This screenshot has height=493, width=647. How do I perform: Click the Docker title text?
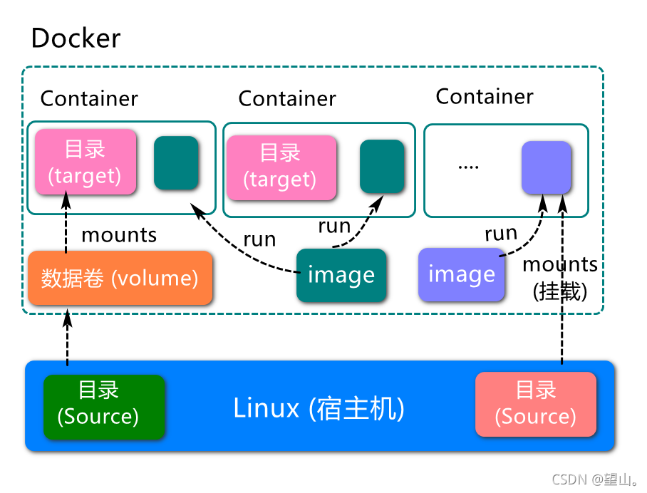pyautogui.click(x=76, y=38)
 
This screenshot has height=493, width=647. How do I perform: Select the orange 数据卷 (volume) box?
pyautogui.click(x=120, y=278)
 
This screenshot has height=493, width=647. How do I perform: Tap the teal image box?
pyautogui.click(x=341, y=275)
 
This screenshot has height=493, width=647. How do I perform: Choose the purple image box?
pyautogui.click(x=461, y=274)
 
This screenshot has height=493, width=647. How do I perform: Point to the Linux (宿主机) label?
pyautogui.click(x=319, y=408)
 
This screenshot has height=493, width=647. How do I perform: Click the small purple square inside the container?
pyautogui.click(x=546, y=167)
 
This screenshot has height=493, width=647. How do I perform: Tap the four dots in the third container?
pyautogui.click(x=468, y=167)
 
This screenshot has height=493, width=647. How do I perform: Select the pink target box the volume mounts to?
pyautogui.click(x=85, y=162)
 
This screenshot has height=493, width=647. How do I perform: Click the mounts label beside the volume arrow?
pyautogui.click(x=119, y=234)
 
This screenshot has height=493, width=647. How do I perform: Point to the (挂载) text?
pyautogui.click(x=560, y=291)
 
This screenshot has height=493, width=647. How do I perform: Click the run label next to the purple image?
pyautogui.click(x=501, y=233)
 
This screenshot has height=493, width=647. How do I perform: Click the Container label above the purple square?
pyautogui.click(x=484, y=96)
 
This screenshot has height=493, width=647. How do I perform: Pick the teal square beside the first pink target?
pyautogui.click(x=176, y=162)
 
